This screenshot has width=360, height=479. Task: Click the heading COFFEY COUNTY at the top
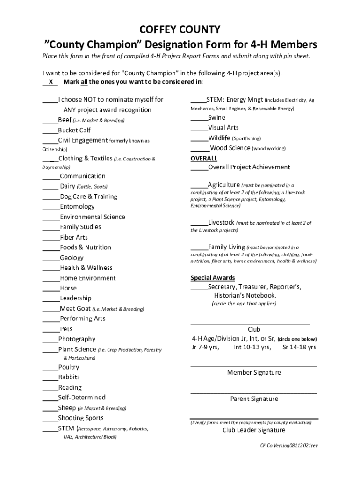pos(180,30)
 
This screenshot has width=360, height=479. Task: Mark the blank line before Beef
pos(50,121)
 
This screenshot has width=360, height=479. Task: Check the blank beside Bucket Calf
pos(50,131)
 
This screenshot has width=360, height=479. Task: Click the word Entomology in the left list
pos(77,207)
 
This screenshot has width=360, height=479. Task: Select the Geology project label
pos(72,258)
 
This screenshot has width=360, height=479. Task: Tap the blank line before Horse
pos(51,289)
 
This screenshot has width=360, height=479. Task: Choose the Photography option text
pos(77,339)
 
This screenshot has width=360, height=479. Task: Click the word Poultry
pos(69,367)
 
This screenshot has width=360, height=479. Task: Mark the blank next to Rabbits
pos(50,378)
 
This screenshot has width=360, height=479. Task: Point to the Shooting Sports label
pos(81,418)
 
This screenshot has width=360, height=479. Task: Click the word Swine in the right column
pos(216,118)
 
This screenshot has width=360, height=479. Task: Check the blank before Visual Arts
pos(199,128)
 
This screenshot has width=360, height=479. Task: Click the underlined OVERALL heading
pos(204,159)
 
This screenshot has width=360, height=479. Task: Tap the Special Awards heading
pos(213,278)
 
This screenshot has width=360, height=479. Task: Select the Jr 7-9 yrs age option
pos(205,348)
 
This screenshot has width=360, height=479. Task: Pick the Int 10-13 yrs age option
pos(252,348)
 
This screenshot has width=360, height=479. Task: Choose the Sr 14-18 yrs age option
pos(299,348)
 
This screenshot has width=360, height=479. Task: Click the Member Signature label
pos(254,373)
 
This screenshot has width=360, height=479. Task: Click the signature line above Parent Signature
pos(254,393)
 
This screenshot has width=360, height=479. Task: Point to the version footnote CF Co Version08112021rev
pos(289,446)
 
